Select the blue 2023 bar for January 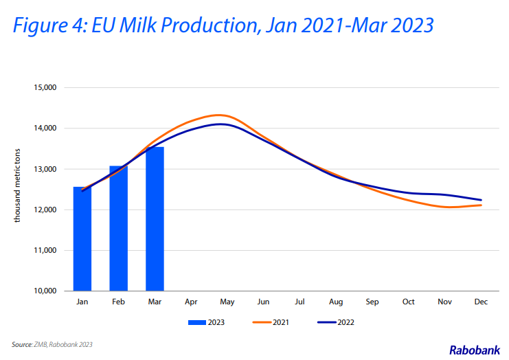(x=82, y=238)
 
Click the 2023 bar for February (x=118, y=228)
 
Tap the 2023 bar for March (x=155, y=218)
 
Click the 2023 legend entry (x=207, y=322)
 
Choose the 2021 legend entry (x=271, y=322)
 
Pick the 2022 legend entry (x=336, y=322)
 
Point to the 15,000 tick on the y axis (x=45, y=88)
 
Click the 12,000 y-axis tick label (x=45, y=210)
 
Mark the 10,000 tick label (x=45, y=291)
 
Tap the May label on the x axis (x=227, y=302)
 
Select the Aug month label (x=336, y=302)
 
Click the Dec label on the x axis (x=481, y=302)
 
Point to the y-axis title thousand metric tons (x=17, y=185)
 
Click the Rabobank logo (x=475, y=350)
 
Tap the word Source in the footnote (x=22, y=344)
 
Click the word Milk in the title (x=139, y=25)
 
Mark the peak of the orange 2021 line (x=219, y=115)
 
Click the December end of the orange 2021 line (x=481, y=205)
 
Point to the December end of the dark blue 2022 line (x=481, y=200)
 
